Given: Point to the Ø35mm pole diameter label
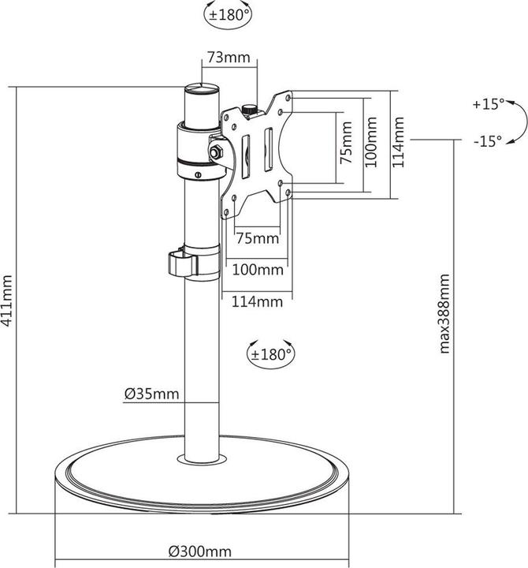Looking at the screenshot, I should [x=151, y=392].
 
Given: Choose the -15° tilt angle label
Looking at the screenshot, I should [x=488, y=142].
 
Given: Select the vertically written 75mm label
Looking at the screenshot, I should [x=344, y=143].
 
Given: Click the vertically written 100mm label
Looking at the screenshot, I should [x=372, y=143].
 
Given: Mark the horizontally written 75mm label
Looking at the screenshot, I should [x=258, y=238].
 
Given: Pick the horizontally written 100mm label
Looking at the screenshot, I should [x=258, y=270].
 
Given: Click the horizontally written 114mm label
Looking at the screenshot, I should [x=258, y=301].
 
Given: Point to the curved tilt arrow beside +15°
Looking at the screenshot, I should [x=516, y=122].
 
